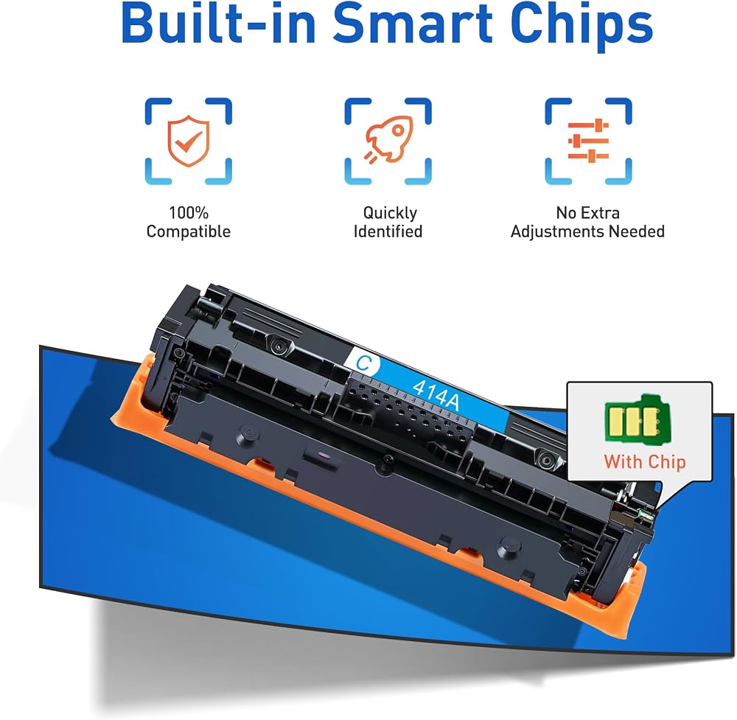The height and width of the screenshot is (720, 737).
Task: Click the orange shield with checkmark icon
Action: (x=188, y=141)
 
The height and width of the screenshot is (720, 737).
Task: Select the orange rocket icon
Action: (x=388, y=139)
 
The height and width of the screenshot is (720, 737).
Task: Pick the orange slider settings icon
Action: (x=588, y=141)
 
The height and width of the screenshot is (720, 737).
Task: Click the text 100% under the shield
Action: (x=189, y=212)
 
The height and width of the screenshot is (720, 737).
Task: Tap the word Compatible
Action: (x=189, y=231)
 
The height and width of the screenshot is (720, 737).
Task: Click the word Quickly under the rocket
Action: (x=390, y=213)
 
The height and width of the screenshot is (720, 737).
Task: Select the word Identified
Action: (x=388, y=231)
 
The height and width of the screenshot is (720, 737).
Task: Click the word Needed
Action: (x=637, y=231)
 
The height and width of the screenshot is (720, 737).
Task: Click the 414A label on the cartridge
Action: (x=436, y=394)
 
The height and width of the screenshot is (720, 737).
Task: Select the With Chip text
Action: (x=644, y=462)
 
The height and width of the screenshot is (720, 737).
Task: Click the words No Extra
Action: (x=587, y=213)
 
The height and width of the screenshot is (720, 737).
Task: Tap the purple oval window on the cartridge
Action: (x=321, y=455)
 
